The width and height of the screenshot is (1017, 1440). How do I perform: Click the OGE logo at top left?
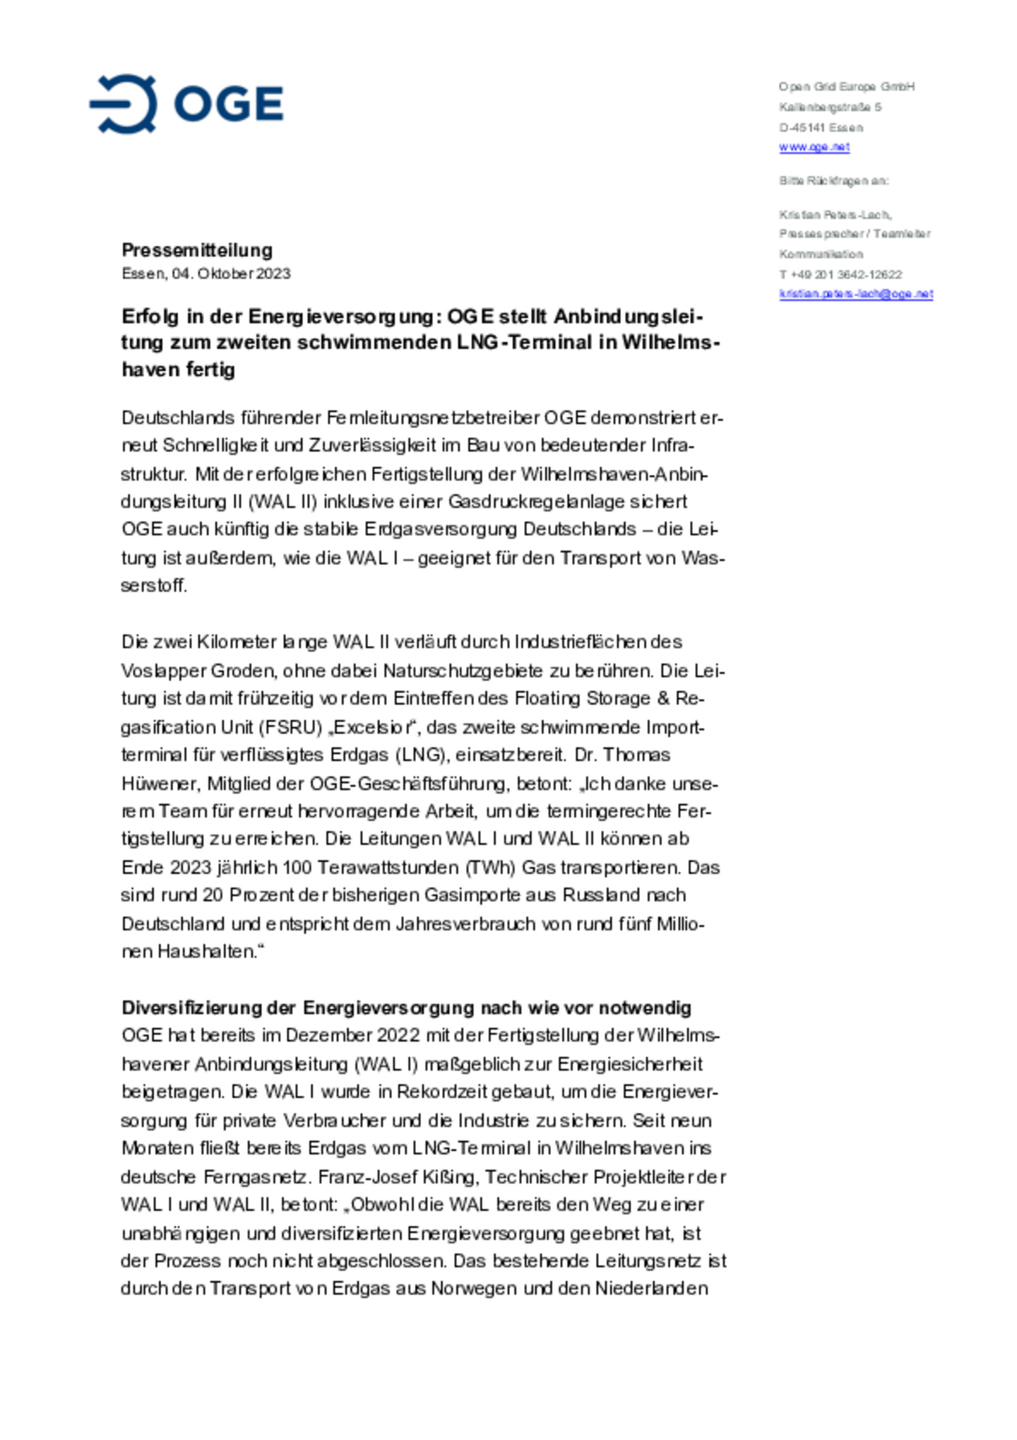pos(186,104)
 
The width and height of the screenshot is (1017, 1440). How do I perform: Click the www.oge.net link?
pos(814,147)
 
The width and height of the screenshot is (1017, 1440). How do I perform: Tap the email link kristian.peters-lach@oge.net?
pos(855,294)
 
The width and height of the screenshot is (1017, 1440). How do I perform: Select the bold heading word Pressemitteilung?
pos(197,250)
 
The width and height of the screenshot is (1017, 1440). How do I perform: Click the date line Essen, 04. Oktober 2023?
pos(206,273)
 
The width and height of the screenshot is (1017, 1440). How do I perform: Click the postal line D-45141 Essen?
pos(821,128)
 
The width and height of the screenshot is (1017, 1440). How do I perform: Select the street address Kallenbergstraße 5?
pos(830,107)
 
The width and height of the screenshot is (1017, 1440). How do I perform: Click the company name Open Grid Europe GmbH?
pos(846,87)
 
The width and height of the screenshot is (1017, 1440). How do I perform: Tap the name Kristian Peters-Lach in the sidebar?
pos(835,214)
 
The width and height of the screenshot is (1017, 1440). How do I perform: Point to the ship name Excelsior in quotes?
pos(372,727)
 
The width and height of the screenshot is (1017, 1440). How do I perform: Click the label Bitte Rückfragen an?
pos(833,181)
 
